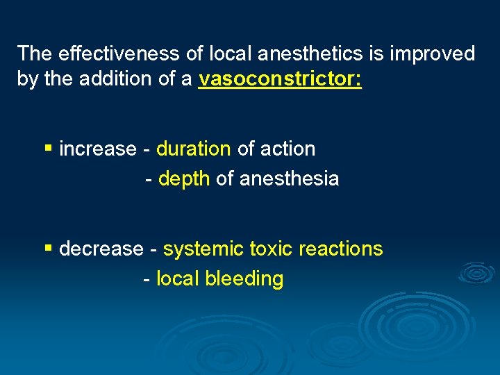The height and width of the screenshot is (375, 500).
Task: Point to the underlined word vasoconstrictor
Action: pos(280,80)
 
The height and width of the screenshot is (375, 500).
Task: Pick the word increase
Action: pos(98,149)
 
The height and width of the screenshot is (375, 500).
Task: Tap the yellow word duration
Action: pos(194,149)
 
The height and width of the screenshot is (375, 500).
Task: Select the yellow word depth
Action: pos(184,178)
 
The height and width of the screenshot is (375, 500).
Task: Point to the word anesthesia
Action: pos(289,178)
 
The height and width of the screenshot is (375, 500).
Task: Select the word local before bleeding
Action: pos(177,278)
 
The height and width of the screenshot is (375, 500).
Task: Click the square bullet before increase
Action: pos(47,149)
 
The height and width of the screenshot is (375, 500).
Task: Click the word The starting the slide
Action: pos(35,53)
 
